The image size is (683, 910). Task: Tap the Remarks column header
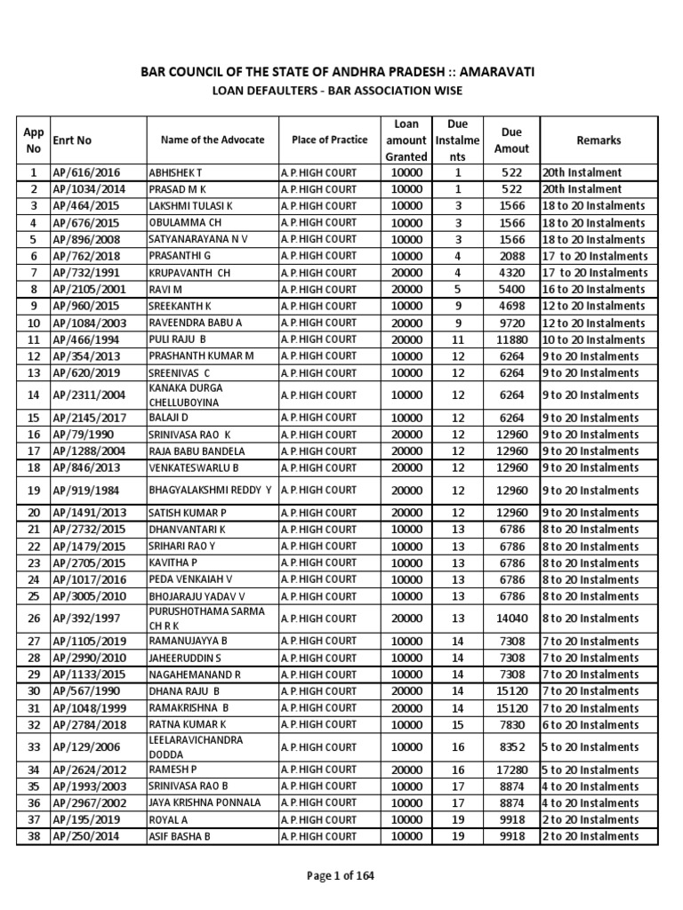599,140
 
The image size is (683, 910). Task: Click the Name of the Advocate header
213,140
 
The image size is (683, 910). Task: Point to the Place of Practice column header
329,140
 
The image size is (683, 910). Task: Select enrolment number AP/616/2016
84,172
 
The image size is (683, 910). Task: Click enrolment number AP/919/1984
87,491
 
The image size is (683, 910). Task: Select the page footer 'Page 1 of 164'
341,875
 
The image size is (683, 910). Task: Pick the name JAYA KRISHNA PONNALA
205,802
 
